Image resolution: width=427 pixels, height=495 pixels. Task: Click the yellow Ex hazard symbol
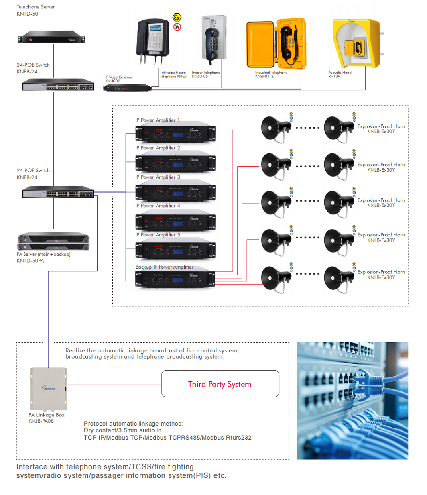[x=177, y=17]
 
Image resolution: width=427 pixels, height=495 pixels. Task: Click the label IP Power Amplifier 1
[x=157, y=120]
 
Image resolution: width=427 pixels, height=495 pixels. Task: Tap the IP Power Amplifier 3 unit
[x=175, y=193]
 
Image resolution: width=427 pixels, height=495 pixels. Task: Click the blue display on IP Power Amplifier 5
[x=178, y=251]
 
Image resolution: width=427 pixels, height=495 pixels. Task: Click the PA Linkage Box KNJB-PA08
[x=49, y=389]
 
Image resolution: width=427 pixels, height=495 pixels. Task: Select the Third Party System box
[x=220, y=384]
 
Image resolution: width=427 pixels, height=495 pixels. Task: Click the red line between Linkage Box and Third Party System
[x=114, y=385]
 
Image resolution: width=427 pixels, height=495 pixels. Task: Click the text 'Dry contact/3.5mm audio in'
[x=122, y=430]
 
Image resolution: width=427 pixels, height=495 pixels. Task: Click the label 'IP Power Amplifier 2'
[x=157, y=148]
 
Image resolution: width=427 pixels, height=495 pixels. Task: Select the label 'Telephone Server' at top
[x=36, y=7]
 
